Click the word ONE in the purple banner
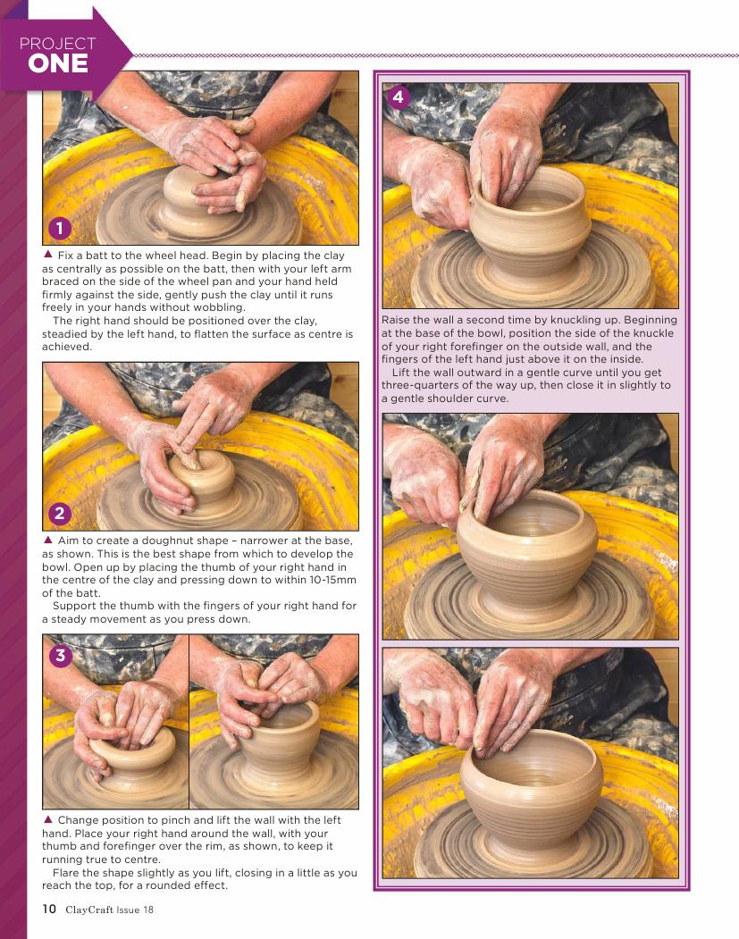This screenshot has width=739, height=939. [x=58, y=63]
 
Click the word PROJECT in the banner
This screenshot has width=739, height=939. [x=57, y=43]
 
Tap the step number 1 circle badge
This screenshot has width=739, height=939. [x=59, y=228]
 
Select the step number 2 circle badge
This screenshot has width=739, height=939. [x=59, y=513]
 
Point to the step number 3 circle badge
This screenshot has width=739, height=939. [x=60, y=655]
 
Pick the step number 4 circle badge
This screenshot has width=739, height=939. [x=399, y=96]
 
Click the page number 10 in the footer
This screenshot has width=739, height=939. [x=49, y=909]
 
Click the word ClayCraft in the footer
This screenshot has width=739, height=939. [x=89, y=910]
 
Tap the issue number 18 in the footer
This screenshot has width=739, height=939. [x=147, y=910]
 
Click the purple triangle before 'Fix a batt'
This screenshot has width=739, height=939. [x=48, y=255]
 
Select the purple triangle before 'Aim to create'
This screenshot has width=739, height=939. [x=48, y=540]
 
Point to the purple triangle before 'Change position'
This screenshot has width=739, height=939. [x=48, y=819]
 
